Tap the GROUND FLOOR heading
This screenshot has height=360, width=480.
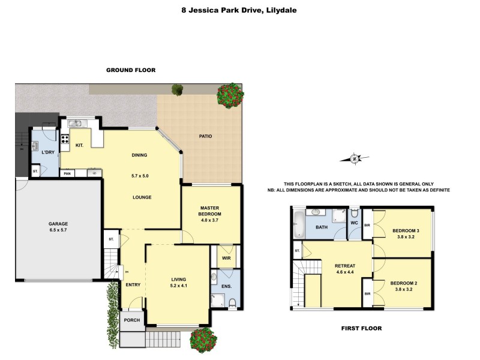[131, 70]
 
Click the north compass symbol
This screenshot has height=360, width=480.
[355, 158]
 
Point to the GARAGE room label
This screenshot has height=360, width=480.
[58, 224]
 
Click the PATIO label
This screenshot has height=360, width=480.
[206, 136]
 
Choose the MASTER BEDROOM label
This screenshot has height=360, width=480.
[211, 211]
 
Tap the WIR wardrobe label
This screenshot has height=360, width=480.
[227, 258]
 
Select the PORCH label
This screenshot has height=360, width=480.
[131, 320]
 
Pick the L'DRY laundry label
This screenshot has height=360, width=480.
[48, 152]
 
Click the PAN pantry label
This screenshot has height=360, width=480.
[67, 173]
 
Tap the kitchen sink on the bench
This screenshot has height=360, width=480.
[75, 124]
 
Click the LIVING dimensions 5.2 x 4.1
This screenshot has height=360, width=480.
[178, 287]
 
